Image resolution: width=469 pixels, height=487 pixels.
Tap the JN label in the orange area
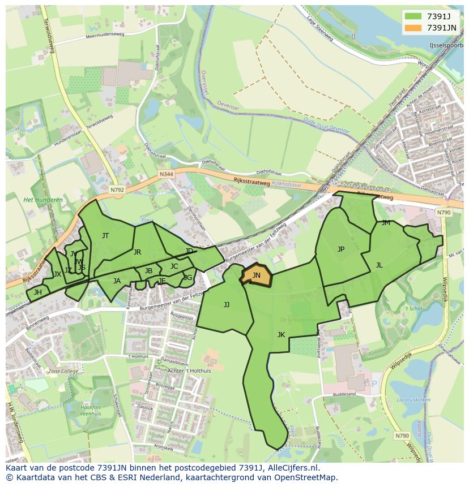(x=256, y=275)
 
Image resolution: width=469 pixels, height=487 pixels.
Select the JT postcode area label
(x=105, y=236)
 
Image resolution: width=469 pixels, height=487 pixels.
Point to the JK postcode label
(x=281, y=335)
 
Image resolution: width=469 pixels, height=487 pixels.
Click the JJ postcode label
(x=227, y=305)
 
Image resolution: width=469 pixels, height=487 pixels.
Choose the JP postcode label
(x=340, y=249)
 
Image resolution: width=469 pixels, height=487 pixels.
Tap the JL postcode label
(x=379, y=265)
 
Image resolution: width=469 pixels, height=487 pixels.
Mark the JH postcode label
(x=37, y=292)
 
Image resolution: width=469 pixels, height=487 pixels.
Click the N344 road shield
(x=166, y=174)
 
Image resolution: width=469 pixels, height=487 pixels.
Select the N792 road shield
(x=117, y=190)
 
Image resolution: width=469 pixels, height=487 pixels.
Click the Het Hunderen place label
(x=43, y=200)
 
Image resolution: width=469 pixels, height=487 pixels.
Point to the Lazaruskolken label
(x=413, y=399)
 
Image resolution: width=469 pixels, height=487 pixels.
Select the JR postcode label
(x=137, y=252)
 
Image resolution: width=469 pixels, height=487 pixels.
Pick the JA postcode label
(x=117, y=281)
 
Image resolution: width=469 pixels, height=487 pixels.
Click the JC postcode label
(x=174, y=266)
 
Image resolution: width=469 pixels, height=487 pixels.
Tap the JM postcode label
(x=386, y=223)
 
